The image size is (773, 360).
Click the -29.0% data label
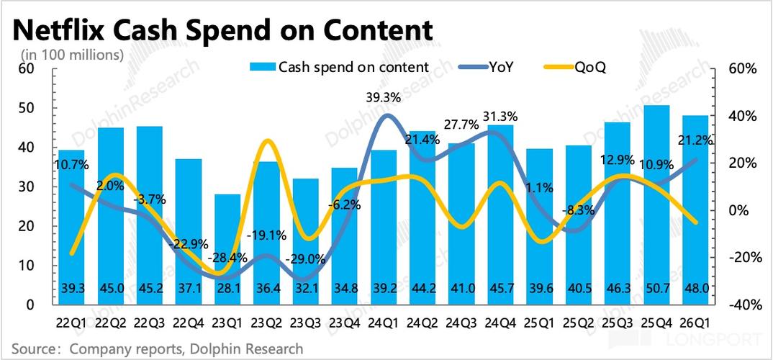[x=306, y=258]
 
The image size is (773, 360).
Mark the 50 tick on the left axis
[x=27, y=108]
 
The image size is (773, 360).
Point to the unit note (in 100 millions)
[x=72, y=54]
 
